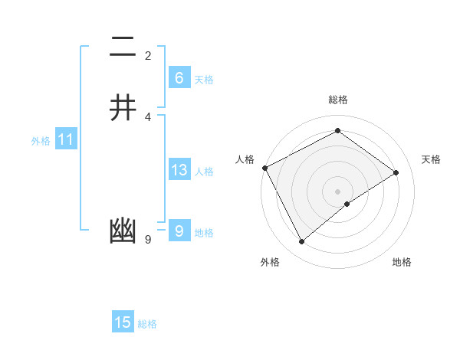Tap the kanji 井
click(123, 107)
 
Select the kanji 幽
click(123, 231)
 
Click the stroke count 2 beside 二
click(148, 55)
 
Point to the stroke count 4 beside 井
click(148, 116)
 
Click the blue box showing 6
click(179, 78)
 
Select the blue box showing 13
click(179, 170)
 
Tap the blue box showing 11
click(65, 140)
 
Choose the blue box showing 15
click(123, 322)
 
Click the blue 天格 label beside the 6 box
click(204, 79)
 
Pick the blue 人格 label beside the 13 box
click(204, 172)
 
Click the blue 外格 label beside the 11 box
click(41, 141)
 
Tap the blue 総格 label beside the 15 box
click(147, 324)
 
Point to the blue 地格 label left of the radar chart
click(204, 233)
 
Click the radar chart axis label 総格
click(338, 100)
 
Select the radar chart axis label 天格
click(432, 159)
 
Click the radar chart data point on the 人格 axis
click(264, 168)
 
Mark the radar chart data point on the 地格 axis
click(347, 204)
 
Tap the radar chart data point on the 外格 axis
click(301, 242)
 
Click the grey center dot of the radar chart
click(338, 191)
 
